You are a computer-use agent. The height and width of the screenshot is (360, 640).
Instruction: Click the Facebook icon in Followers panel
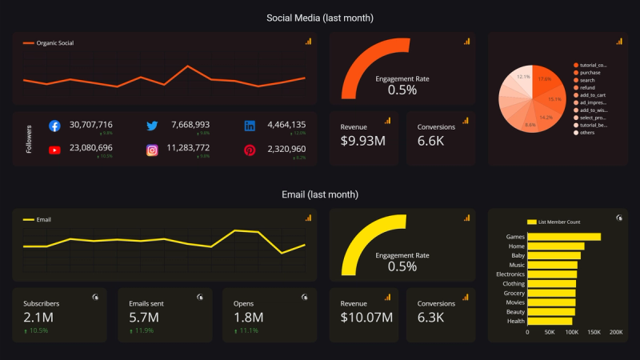[x=54, y=126]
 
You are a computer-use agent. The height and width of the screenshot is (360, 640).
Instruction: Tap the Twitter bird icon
[x=152, y=126]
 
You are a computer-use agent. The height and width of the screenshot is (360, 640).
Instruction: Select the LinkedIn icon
[x=250, y=126]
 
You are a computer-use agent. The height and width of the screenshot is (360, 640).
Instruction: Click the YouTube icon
[x=54, y=150]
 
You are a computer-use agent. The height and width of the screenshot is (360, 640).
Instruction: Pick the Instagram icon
[x=152, y=150]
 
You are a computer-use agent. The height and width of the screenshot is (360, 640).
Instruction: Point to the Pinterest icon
[x=250, y=150]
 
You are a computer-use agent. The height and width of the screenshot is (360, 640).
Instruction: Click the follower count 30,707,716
[x=91, y=125]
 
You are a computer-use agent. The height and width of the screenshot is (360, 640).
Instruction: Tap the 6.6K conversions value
[x=431, y=142]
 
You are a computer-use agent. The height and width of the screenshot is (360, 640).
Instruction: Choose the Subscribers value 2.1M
[x=38, y=318]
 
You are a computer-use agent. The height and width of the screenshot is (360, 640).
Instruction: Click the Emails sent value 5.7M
[x=144, y=318]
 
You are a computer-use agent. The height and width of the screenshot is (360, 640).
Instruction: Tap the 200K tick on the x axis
[x=615, y=331]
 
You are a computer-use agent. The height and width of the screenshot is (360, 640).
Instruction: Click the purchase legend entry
[x=590, y=73]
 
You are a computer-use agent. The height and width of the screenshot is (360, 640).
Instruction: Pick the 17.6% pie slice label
[x=545, y=79]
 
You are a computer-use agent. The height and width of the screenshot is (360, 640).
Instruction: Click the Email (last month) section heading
[x=320, y=194]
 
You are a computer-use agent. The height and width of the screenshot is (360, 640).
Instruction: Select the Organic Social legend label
[x=55, y=42]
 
